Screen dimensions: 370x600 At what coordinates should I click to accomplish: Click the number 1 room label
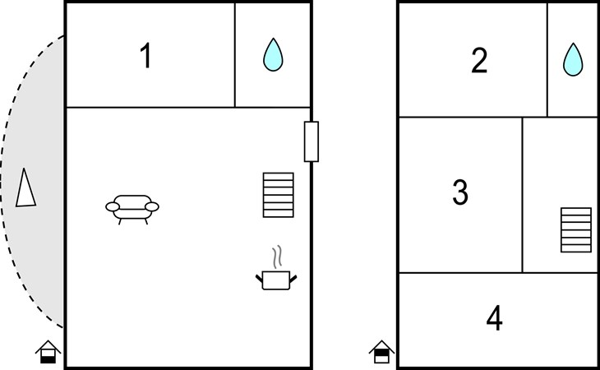click(x=145, y=57)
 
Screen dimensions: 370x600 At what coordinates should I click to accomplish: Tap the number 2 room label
click(x=479, y=60)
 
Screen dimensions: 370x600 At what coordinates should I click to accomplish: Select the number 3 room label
click(x=460, y=192)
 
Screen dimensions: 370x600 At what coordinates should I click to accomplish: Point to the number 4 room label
click(x=494, y=318)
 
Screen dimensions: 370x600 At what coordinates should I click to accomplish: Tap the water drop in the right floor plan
click(x=573, y=59)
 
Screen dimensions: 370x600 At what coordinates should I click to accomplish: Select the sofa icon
click(x=132, y=207)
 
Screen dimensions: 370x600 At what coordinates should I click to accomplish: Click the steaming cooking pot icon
click(x=278, y=280)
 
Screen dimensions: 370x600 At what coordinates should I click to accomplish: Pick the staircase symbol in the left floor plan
click(x=278, y=195)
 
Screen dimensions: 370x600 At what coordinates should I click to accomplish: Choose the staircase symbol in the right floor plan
click(x=576, y=230)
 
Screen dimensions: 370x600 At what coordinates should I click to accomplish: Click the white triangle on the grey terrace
click(x=25, y=187)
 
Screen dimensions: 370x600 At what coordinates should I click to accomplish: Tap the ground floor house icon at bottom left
click(x=48, y=353)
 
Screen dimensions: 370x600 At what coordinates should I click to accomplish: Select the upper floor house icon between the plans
click(x=381, y=353)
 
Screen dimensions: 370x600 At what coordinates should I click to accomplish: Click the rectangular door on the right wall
click(x=311, y=141)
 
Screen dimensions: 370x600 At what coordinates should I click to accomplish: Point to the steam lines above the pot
click(x=278, y=255)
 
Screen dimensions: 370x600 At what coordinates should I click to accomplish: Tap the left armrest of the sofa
click(x=111, y=207)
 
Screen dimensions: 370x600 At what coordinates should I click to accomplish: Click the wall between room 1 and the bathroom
click(x=235, y=55)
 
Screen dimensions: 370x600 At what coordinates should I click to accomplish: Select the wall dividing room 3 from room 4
click(x=460, y=272)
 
